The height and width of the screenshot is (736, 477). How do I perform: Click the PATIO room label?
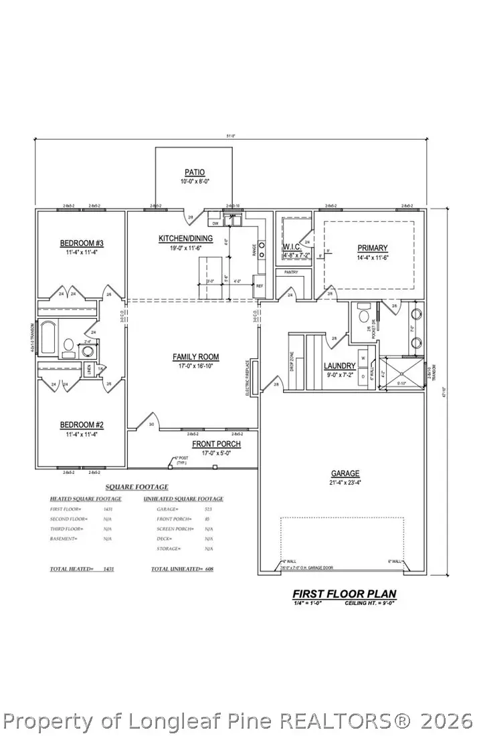[x=195, y=172]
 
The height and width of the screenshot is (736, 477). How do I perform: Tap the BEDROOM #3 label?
[x=81, y=243]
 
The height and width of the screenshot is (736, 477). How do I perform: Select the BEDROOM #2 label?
[x=81, y=425]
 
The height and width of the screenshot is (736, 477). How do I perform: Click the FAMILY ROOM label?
[x=195, y=357]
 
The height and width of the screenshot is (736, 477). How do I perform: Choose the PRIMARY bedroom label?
[x=372, y=247]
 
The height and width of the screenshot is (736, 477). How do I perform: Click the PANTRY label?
[x=292, y=272]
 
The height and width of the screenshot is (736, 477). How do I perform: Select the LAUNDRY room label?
[x=339, y=366]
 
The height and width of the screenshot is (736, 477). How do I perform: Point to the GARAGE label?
[x=344, y=472]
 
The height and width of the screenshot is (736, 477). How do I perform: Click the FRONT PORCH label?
[x=216, y=444]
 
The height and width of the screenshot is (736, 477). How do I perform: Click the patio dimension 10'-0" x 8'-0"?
[x=195, y=182]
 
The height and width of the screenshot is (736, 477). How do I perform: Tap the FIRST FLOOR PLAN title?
[x=344, y=593]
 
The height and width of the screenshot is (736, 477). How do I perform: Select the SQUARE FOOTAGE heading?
[x=137, y=487]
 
